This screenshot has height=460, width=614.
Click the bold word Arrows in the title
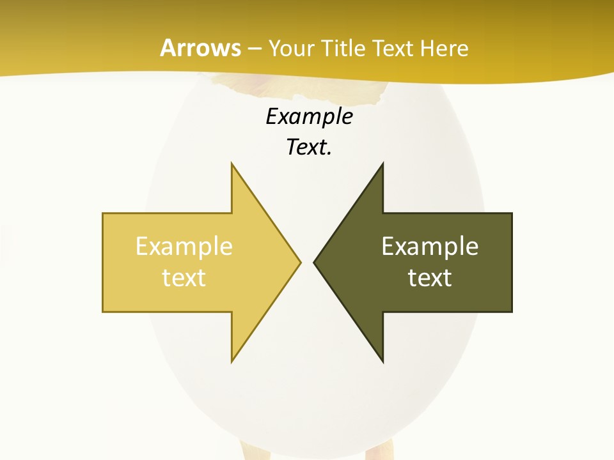click(x=200, y=48)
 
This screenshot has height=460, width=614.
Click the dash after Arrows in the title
click(x=255, y=49)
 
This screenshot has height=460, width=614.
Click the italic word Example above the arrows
click(x=309, y=116)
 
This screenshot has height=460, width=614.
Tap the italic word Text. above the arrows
click(x=308, y=148)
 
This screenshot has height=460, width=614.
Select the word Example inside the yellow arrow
click(x=184, y=247)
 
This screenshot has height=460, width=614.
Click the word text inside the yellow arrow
click(x=184, y=278)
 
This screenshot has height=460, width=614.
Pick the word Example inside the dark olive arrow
click(x=430, y=247)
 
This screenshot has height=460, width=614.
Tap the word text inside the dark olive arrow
click(x=430, y=278)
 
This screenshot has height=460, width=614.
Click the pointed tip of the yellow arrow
click(x=300, y=262)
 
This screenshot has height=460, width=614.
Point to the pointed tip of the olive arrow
click(x=314, y=262)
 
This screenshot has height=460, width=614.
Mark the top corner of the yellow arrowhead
click(x=232, y=164)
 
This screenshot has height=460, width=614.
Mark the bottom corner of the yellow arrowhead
click(x=232, y=362)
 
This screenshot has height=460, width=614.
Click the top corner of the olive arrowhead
click(x=382, y=164)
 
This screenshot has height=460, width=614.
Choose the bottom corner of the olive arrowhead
click(x=382, y=362)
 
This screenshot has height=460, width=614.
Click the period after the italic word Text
click(x=329, y=154)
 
